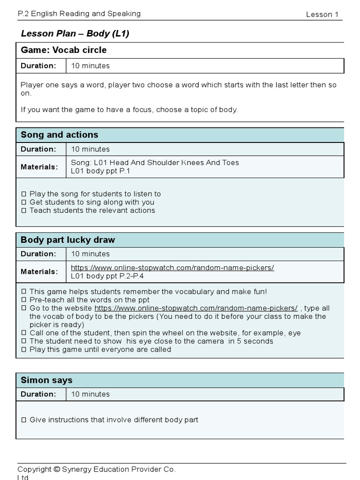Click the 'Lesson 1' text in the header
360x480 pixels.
click(322, 15)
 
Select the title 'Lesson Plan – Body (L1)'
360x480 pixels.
click(75, 33)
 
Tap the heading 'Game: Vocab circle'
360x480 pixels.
click(64, 50)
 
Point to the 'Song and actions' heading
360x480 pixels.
click(60, 135)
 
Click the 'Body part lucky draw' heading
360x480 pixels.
click(67, 240)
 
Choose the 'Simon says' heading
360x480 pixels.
click(46, 380)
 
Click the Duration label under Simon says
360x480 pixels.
click(38, 394)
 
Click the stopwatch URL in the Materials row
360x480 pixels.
click(172, 268)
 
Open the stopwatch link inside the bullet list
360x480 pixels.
click(196, 308)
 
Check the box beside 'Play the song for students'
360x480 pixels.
click(24, 194)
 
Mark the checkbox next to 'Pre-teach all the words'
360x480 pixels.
click(24, 300)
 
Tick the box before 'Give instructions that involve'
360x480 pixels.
click(24, 420)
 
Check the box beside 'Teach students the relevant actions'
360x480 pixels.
click(24, 211)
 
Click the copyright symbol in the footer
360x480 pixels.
click(57, 469)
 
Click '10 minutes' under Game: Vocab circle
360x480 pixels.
click(90, 66)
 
